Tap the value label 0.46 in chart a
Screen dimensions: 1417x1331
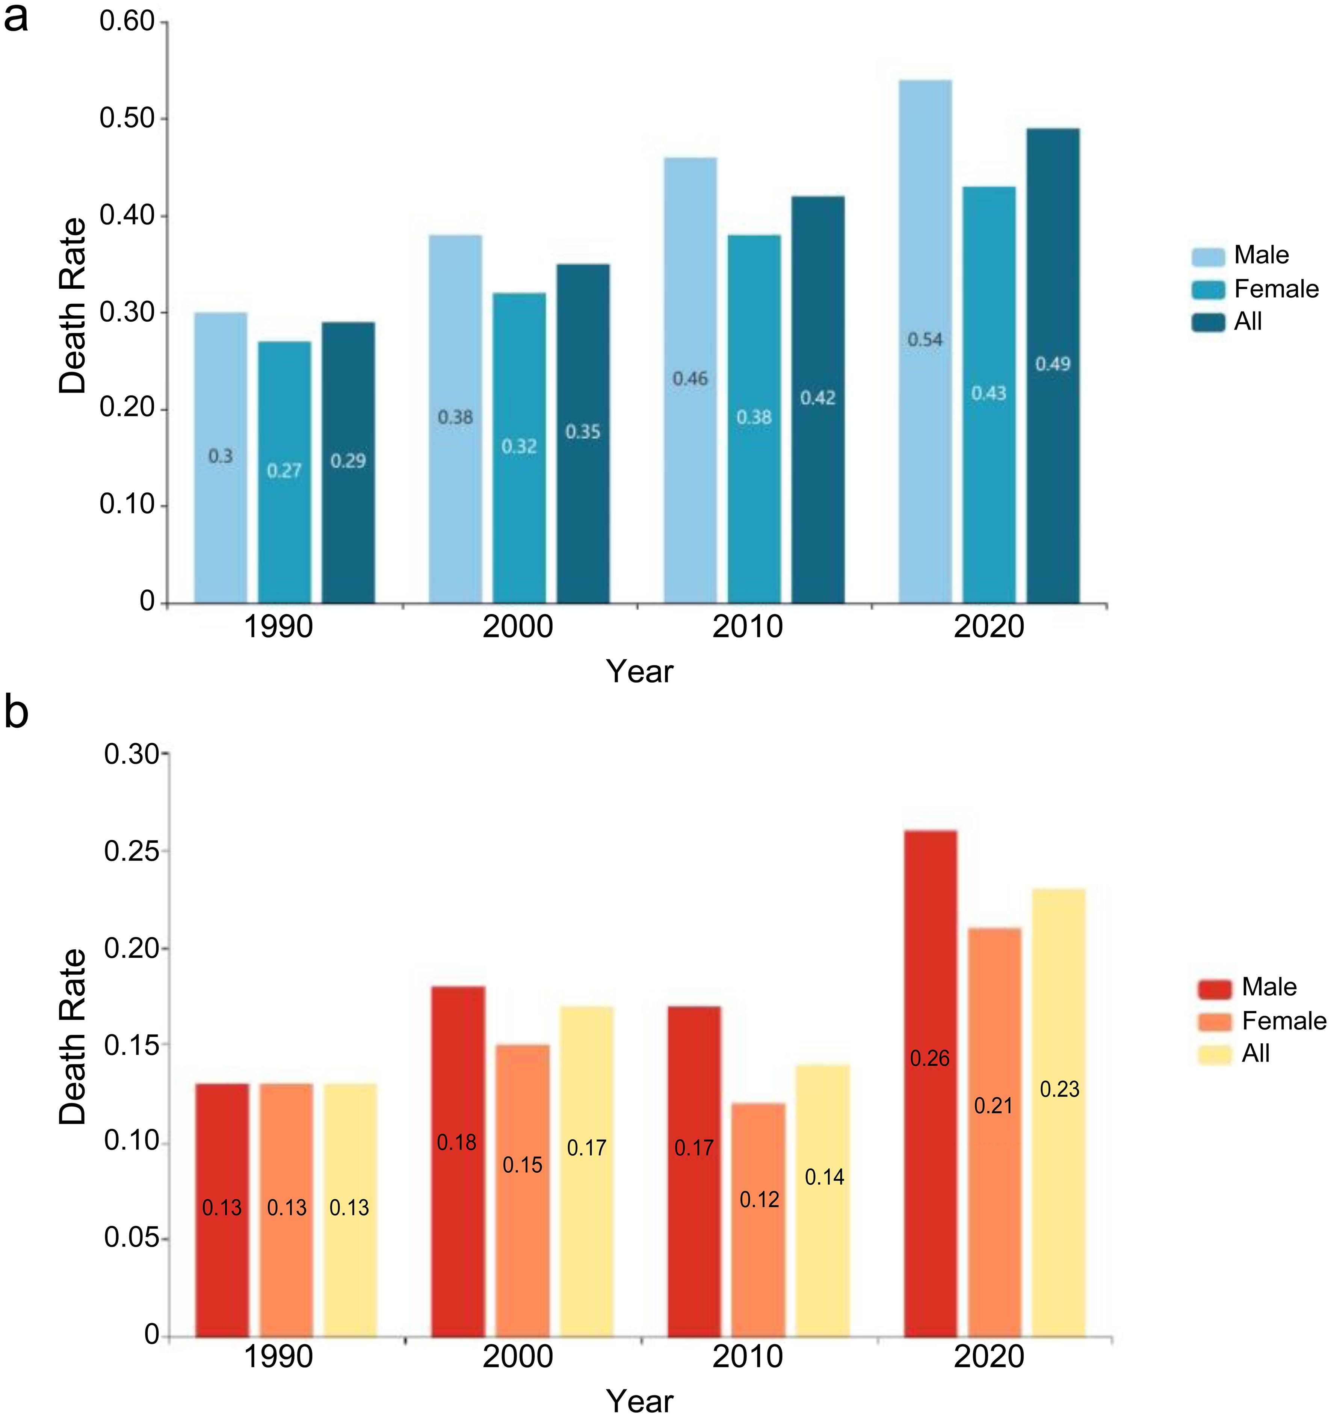690,378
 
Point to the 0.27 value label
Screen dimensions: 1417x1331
284,471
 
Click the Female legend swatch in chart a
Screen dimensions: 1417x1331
1208,289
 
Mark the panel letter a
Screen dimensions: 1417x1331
16,17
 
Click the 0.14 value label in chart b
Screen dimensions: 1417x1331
824,1177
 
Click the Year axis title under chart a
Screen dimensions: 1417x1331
639,671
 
